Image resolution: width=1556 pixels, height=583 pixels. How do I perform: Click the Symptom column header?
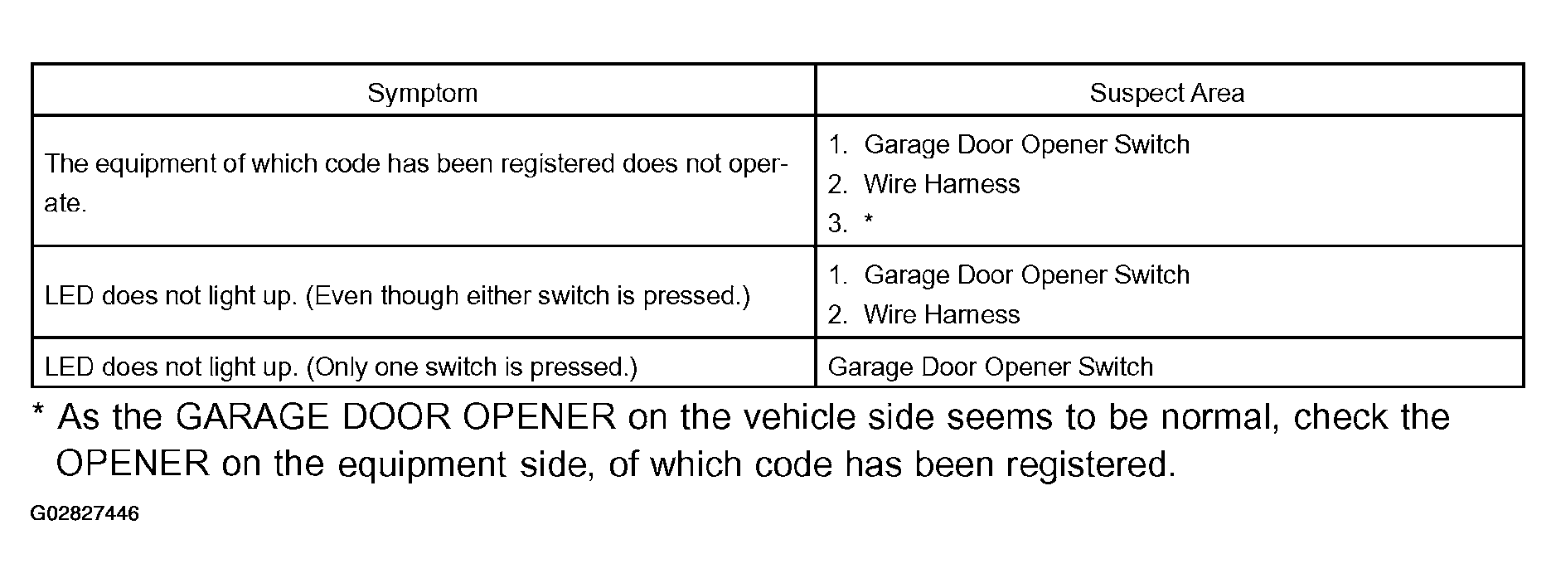click(x=422, y=92)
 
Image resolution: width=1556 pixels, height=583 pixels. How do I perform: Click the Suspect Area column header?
click(x=1166, y=92)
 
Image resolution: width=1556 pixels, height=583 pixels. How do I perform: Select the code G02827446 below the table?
click(x=85, y=514)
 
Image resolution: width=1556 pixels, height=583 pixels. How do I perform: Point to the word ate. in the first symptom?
click(x=65, y=203)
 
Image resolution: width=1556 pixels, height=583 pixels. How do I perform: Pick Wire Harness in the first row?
click(x=942, y=183)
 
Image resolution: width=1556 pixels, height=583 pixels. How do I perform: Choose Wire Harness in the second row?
click(x=942, y=314)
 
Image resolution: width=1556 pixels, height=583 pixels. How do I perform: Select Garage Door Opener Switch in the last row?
click(x=991, y=367)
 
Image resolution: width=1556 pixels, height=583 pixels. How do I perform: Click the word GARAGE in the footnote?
click(x=252, y=416)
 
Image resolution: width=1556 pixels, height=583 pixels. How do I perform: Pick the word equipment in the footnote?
click(x=422, y=465)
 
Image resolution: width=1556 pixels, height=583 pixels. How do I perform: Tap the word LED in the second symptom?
click(x=69, y=295)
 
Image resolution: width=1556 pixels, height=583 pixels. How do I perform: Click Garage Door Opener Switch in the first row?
click(x=1026, y=144)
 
